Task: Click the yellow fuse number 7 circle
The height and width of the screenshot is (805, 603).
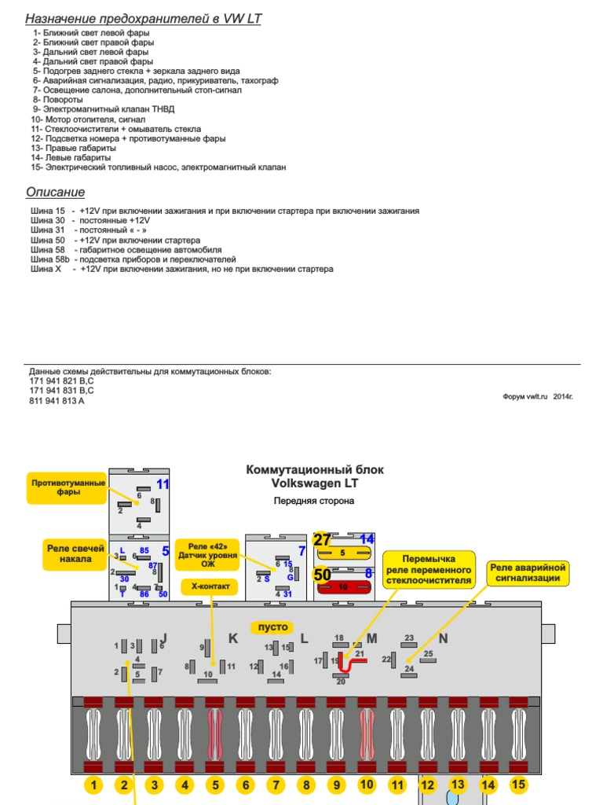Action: point(275,785)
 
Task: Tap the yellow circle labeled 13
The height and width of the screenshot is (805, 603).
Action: point(458,784)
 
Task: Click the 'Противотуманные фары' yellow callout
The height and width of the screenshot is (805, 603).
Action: point(68,487)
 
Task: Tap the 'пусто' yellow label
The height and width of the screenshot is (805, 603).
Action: point(269,627)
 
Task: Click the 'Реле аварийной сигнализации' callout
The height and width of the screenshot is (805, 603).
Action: point(528,572)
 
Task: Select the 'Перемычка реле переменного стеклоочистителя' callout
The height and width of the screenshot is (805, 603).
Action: point(429,569)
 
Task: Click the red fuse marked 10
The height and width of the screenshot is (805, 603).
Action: point(343,586)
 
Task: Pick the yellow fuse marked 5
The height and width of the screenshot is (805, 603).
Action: point(343,553)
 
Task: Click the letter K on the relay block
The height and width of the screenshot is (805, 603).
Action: point(232,638)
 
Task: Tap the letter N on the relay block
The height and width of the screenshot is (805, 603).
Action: point(443,638)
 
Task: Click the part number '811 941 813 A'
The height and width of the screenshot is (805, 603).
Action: point(57,401)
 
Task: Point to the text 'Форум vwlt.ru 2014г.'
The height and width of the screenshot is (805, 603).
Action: point(538,397)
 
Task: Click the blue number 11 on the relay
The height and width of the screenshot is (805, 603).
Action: point(163,484)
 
